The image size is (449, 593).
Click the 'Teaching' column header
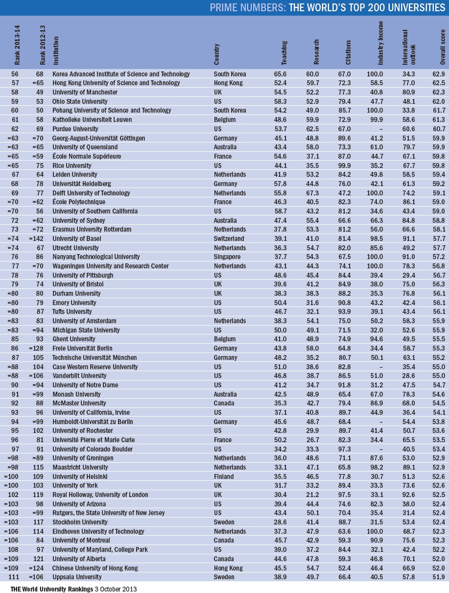tap(284, 53)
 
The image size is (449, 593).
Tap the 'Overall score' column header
tap(443, 49)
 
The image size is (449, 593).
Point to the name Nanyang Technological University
tap(96, 257)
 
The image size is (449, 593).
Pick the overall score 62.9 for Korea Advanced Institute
tap(439, 74)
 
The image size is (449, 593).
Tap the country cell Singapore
tap(227, 257)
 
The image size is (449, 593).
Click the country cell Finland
tap(223, 476)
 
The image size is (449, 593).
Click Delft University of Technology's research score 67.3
tap(319, 193)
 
